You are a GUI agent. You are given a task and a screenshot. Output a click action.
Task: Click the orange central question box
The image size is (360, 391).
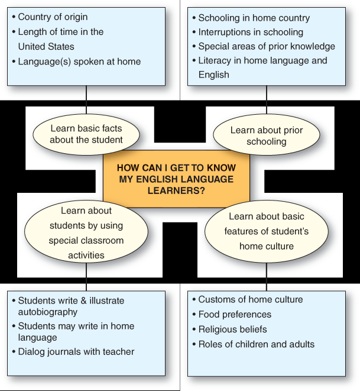point(176,179)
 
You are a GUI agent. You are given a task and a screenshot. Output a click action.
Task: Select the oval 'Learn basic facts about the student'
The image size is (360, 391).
point(86,134)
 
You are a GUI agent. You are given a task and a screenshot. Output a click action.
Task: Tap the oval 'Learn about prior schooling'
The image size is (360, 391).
point(267,135)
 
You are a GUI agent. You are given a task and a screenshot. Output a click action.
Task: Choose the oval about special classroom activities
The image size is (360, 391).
point(86,232)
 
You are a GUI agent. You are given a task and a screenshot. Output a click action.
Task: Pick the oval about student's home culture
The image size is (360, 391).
point(267,232)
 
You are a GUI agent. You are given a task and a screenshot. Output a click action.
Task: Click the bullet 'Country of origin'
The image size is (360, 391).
point(50,17)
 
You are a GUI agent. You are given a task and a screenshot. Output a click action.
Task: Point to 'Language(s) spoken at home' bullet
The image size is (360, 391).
point(76,62)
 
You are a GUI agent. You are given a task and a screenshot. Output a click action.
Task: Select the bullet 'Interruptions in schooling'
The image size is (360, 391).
point(248,32)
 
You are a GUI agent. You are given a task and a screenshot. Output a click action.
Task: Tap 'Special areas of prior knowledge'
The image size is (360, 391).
point(264,46)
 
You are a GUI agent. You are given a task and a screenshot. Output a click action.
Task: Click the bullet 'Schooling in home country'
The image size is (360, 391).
point(251,18)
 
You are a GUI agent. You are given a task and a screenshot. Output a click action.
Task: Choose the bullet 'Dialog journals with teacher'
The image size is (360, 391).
point(73,351)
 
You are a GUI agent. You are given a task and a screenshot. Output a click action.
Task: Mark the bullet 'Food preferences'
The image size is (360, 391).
point(232,315)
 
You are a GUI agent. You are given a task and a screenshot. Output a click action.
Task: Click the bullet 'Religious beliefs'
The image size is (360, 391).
point(230,329)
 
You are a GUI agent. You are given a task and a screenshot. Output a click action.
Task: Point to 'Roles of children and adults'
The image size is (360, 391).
point(254,344)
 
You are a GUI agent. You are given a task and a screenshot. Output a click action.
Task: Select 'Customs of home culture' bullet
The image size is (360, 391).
point(248,299)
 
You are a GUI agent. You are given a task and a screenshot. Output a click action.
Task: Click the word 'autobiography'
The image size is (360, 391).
point(48,312)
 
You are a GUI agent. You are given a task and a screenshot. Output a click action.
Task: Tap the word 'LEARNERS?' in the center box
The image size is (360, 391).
point(176,190)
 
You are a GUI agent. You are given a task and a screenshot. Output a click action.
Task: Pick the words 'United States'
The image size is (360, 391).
point(46,47)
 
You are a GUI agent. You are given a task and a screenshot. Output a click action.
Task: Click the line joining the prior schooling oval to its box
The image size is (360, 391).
point(267,100)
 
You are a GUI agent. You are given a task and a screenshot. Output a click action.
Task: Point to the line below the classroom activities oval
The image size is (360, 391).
point(86,277)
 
